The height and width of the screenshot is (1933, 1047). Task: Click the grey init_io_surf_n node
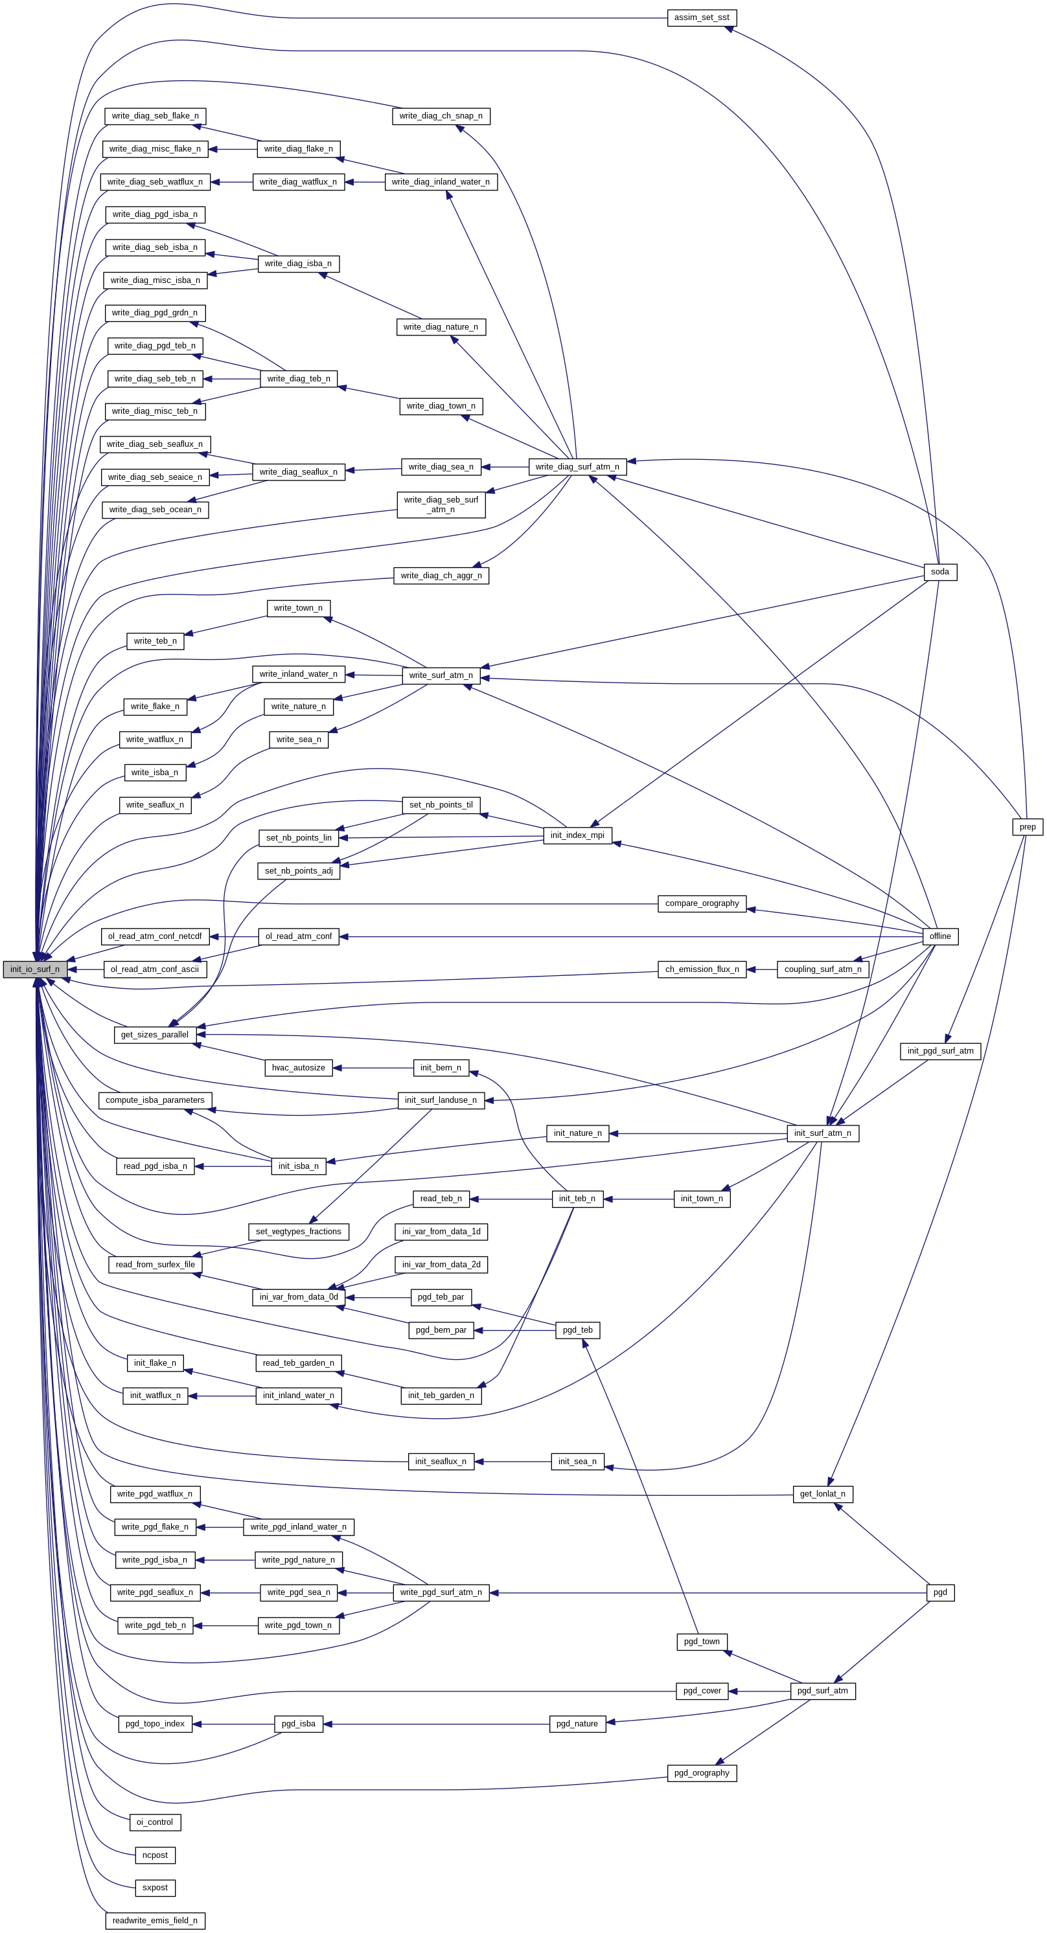coord(34,969)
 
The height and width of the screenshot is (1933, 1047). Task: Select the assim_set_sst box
coord(702,17)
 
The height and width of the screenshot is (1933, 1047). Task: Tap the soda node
coord(939,572)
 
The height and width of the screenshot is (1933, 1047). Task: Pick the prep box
coord(1028,827)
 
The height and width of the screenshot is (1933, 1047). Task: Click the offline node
coord(939,936)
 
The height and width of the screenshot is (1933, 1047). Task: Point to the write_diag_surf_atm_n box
coord(577,467)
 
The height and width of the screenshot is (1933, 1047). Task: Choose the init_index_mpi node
coord(577,835)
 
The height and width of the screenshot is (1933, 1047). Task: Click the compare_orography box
coord(702,903)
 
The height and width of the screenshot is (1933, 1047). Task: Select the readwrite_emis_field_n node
coord(155,1920)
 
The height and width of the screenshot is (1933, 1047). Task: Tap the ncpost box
coord(155,1855)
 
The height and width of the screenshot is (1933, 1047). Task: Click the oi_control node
coord(155,1822)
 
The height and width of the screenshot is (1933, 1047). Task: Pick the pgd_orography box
coord(702,1772)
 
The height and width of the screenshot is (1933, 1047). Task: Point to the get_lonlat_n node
coord(823,1493)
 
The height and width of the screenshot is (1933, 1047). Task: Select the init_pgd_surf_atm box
coord(939,1050)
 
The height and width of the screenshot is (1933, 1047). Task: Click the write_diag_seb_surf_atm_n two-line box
coord(441,504)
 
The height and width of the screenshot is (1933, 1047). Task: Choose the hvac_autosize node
coord(298,1067)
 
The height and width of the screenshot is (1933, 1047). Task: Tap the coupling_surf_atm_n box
coord(823,969)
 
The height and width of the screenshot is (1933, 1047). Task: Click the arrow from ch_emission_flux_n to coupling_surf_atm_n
coord(762,969)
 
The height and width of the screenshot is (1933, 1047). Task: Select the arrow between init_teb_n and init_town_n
coord(638,1199)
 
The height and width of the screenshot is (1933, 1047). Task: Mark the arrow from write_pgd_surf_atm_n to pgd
coord(706,1592)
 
